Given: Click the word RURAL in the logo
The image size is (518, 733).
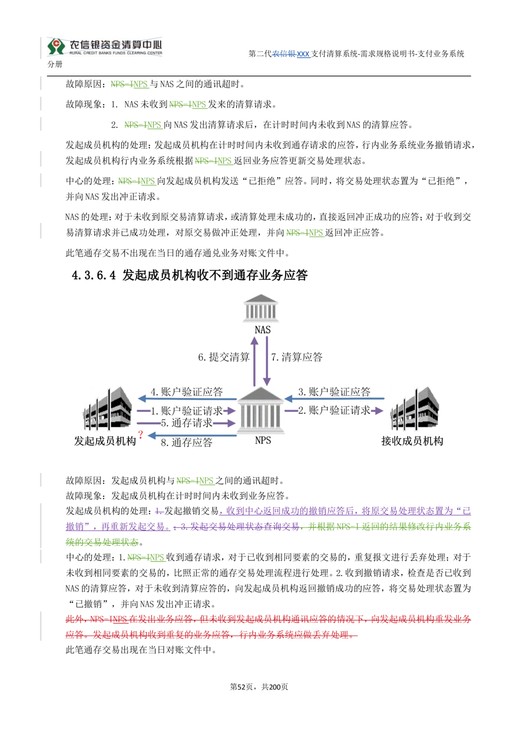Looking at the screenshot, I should click(76, 53).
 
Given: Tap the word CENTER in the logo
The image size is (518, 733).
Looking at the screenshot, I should click(155, 53).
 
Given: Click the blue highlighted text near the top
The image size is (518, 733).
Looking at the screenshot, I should click(292, 54).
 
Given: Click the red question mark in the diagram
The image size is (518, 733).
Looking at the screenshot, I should click(140, 434).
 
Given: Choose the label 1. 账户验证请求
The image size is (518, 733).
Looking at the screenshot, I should click(186, 411).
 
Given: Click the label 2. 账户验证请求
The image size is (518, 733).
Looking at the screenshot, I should click(334, 411).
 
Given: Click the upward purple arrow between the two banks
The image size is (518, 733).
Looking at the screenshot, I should click(254, 362).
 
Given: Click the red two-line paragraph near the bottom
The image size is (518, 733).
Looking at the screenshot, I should click(267, 627).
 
